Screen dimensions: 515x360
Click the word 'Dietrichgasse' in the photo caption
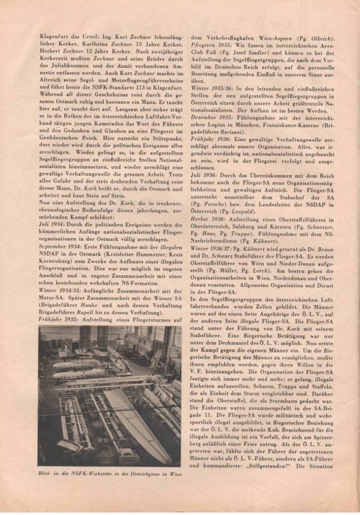(x=141, y=473)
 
